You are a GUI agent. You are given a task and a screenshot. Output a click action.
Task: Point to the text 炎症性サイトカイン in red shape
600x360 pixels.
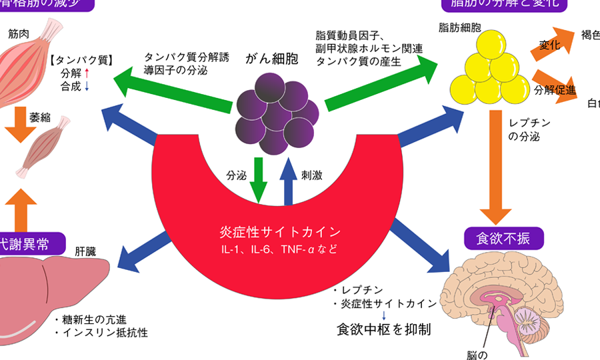[280, 233]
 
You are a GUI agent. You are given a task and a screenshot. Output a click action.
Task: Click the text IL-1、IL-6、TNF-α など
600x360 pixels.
[280, 251]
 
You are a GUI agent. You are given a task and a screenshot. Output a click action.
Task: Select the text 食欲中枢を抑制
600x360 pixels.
[383, 329]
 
